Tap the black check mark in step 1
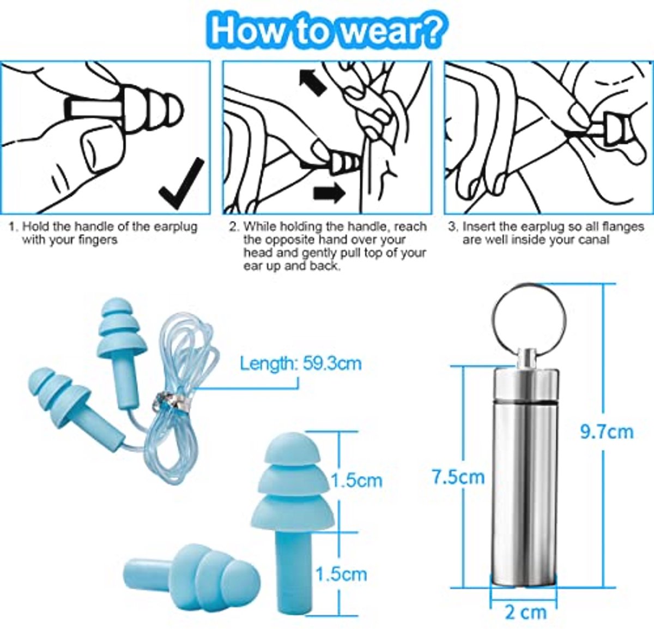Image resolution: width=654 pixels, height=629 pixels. point(182,184)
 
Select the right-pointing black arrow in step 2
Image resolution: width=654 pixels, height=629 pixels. point(329,193)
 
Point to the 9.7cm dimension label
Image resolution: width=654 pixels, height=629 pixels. point(607,432)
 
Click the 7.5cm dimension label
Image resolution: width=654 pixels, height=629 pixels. point(458,477)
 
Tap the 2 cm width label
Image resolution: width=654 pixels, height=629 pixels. point(526,612)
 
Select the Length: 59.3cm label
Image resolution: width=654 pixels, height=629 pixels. point(301,364)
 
